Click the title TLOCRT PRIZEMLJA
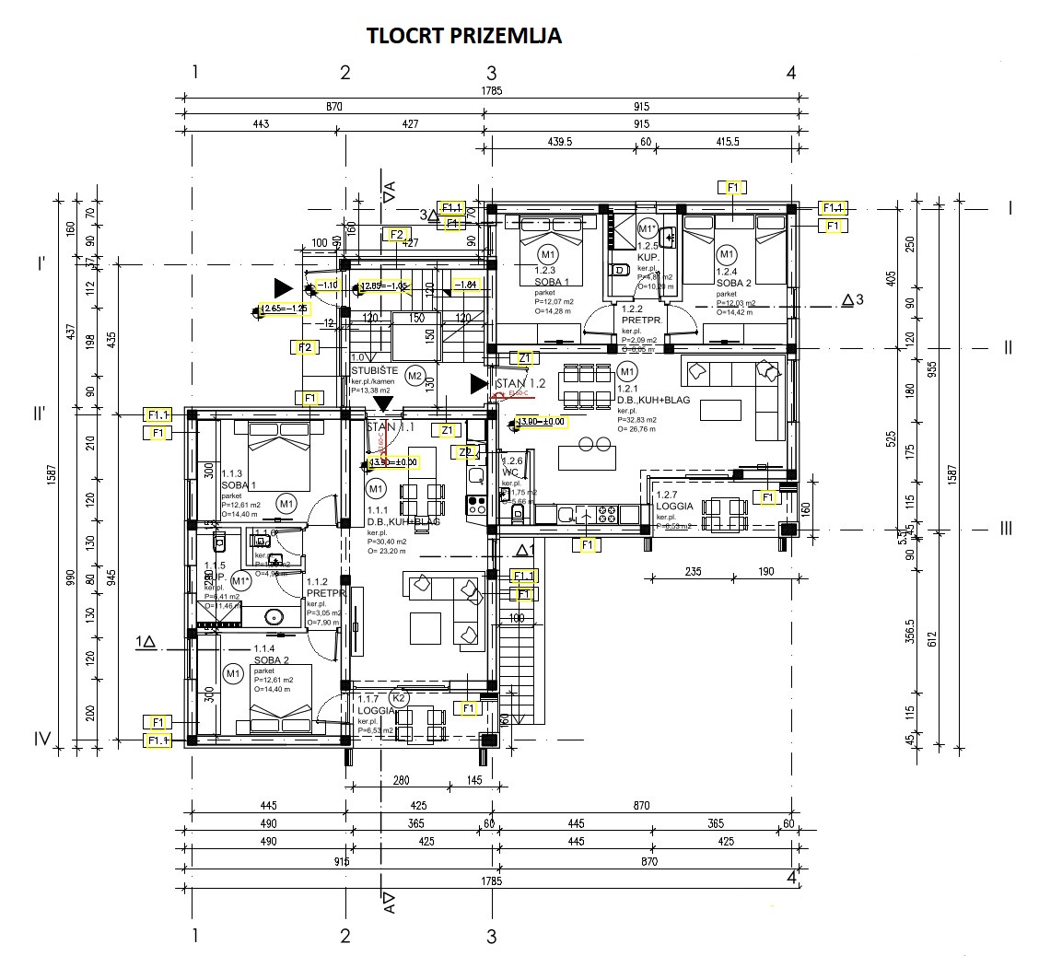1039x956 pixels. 464,36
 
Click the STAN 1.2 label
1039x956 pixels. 521,383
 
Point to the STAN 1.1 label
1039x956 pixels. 391,427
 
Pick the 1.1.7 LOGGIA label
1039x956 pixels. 374,705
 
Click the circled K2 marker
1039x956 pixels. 399,698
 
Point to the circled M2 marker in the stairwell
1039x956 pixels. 414,375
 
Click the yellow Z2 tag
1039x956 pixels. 467,452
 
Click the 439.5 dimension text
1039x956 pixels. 559,143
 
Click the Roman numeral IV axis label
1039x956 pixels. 41,739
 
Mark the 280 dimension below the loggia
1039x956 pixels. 401,781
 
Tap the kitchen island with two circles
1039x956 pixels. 589,454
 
